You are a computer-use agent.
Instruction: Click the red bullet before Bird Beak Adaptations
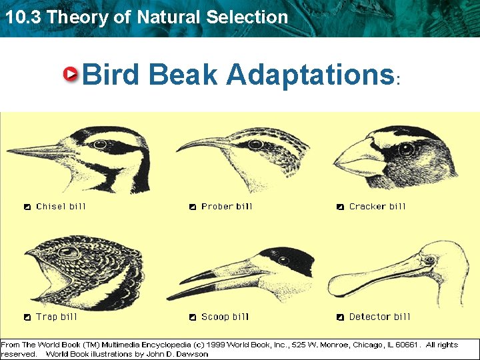(71, 75)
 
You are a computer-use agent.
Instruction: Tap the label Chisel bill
(61, 207)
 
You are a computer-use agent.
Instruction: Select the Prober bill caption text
(227, 207)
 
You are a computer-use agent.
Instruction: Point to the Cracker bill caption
(377, 207)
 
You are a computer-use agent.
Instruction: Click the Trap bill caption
(57, 317)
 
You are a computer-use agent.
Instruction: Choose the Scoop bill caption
(225, 317)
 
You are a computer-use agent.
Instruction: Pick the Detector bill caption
(379, 317)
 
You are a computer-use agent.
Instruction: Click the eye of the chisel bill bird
(100, 144)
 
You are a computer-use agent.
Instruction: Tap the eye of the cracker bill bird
(405, 150)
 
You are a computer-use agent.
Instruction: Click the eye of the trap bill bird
(67, 252)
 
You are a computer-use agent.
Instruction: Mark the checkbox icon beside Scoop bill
(192, 317)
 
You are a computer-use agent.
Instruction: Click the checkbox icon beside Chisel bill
(27, 207)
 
